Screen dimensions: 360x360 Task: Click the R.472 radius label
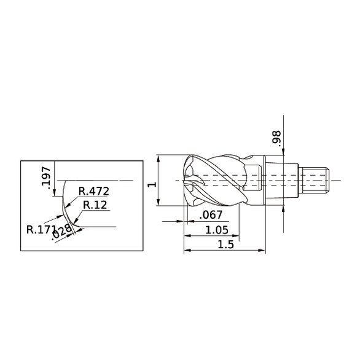pyautogui.click(x=94, y=191)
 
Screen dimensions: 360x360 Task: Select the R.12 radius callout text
pyautogui.click(x=95, y=205)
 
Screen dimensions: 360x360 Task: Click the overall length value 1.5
pyautogui.click(x=225, y=245)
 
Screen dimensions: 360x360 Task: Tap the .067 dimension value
pyautogui.click(x=211, y=215)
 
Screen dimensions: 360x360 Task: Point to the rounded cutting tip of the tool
pyautogui.click(x=187, y=182)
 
